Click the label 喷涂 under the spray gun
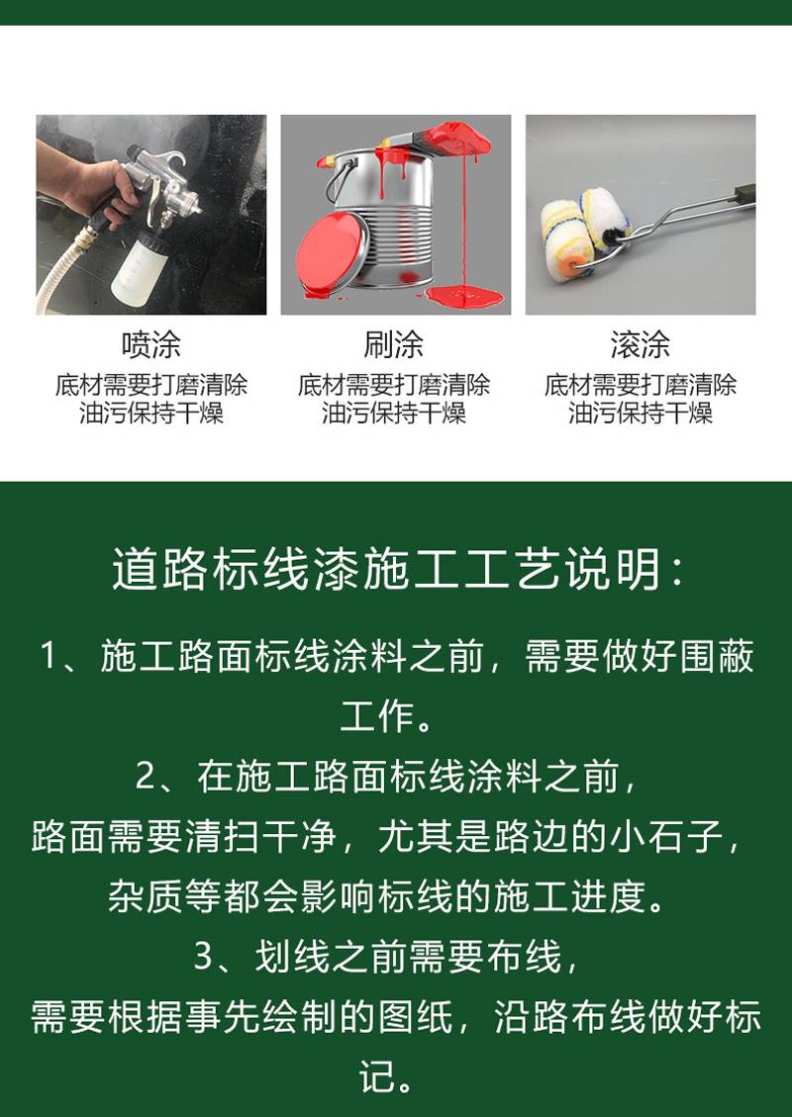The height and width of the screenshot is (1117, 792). pos(150,345)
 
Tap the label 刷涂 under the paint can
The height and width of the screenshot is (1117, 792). pos(393,345)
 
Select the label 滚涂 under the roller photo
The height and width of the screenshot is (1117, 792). pos(641,345)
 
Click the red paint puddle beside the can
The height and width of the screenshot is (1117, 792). pos(464,293)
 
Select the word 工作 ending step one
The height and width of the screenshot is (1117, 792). pos(377,716)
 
